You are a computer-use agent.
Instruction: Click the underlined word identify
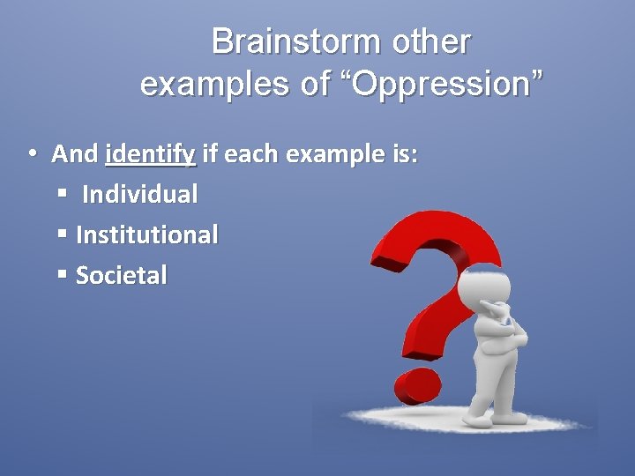(x=150, y=155)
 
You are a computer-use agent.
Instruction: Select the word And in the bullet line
(x=75, y=154)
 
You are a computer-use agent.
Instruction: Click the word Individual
(x=139, y=194)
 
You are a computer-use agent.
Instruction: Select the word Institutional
(x=147, y=234)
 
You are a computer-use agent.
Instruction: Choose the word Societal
(x=121, y=275)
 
